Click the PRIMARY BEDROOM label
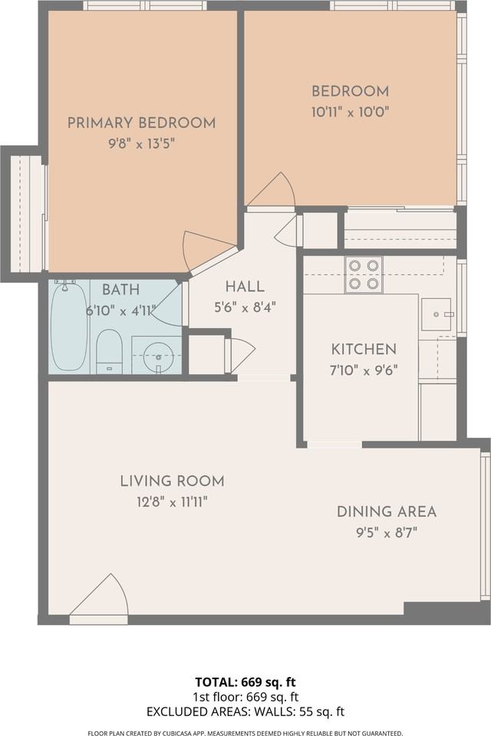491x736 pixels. click(141, 123)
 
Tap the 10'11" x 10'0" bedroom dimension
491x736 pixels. click(350, 112)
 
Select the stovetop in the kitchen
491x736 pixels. click(364, 274)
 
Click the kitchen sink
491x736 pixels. click(436, 314)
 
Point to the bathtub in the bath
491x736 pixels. click(68, 326)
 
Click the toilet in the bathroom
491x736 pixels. click(109, 351)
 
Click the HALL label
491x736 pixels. click(245, 287)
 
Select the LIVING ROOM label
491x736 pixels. click(173, 481)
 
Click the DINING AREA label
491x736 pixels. click(387, 511)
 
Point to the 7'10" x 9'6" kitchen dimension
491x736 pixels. click(364, 371)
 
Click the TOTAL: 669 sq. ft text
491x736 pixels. click(245, 682)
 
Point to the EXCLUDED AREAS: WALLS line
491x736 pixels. click(245, 712)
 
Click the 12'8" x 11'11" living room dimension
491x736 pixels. click(173, 502)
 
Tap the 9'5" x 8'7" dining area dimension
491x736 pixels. click(387, 534)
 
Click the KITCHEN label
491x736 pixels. click(364, 350)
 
